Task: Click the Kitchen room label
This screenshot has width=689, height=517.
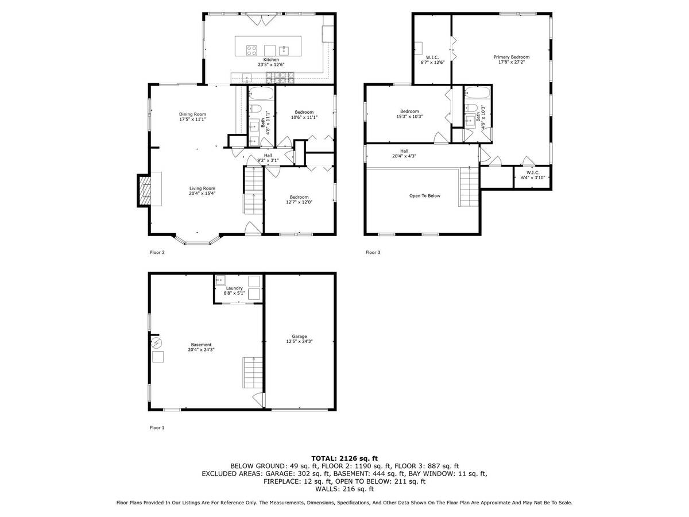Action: pyautogui.click(x=270, y=60)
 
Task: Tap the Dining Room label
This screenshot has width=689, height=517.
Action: pyautogui.click(x=192, y=114)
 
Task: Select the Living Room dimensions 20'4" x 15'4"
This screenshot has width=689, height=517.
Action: pyautogui.click(x=202, y=194)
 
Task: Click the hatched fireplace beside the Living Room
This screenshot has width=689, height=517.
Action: pyautogui.click(x=144, y=191)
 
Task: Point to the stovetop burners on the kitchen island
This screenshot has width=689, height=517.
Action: pyautogui.click(x=251, y=50)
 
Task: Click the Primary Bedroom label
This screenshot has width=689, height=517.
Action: pyautogui.click(x=512, y=57)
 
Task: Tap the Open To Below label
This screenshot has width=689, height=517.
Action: pyautogui.click(x=424, y=196)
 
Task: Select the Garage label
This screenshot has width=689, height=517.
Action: pyautogui.click(x=299, y=337)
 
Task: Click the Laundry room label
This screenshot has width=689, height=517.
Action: pyautogui.click(x=234, y=288)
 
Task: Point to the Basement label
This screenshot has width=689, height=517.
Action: pyautogui.click(x=201, y=345)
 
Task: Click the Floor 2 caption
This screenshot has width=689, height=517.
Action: pyautogui.click(x=157, y=252)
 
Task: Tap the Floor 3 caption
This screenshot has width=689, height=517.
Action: pyautogui.click(x=373, y=252)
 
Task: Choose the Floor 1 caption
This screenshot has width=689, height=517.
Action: pyautogui.click(x=157, y=427)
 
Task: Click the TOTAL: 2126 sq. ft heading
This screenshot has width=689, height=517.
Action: pyautogui.click(x=344, y=458)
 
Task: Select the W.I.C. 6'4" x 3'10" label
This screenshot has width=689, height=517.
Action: pyautogui.click(x=533, y=175)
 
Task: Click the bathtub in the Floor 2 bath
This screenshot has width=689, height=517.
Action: pyautogui.click(x=261, y=94)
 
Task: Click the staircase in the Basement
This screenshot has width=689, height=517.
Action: pyautogui.click(x=252, y=373)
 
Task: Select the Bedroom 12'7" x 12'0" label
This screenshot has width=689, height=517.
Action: pyautogui.click(x=299, y=200)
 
